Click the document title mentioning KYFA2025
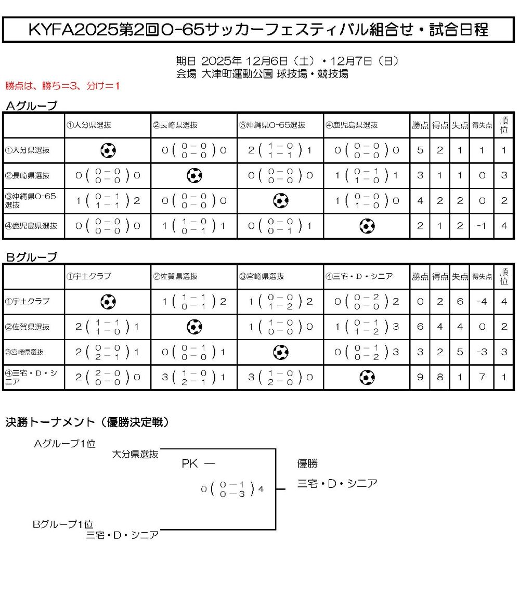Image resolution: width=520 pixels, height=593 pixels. [258, 30]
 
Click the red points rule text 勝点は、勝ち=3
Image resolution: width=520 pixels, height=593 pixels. [62, 86]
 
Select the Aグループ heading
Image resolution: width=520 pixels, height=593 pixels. [31, 106]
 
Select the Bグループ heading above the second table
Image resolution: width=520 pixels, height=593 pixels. [31, 257]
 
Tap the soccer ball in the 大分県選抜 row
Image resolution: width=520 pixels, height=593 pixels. [108, 150]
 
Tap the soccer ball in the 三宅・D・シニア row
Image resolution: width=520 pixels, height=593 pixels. [367, 377]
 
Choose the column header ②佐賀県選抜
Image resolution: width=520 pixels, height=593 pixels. [175, 277]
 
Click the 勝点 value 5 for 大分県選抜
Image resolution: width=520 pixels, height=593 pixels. [420, 150]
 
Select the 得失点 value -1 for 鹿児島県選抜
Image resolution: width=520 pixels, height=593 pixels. [482, 226]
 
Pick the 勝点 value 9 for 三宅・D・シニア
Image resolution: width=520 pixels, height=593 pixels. [420, 377]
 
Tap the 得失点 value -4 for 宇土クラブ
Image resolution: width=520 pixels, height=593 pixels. [482, 301]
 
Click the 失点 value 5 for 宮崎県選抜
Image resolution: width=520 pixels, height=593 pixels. [460, 352]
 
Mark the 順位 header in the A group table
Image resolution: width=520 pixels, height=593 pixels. [503, 125]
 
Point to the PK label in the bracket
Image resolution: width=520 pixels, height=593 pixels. [190, 463]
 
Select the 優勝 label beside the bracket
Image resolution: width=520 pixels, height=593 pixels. [307, 463]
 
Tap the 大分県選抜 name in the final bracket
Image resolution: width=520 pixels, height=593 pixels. [135, 454]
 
